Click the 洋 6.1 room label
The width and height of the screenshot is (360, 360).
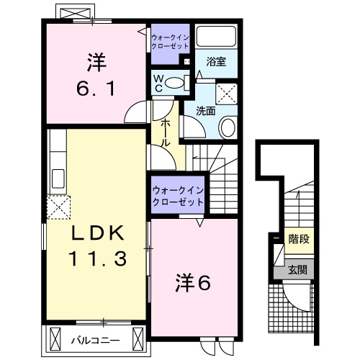pyautogui.click(x=94, y=76)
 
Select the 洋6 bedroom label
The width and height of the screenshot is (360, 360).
pyautogui.click(x=193, y=283)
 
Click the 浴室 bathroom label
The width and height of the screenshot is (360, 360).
pyautogui.click(x=217, y=61)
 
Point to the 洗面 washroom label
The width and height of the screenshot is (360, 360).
pyautogui.click(x=207, y=111)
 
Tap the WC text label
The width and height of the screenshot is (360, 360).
pyautogui.click(x=157, y=82)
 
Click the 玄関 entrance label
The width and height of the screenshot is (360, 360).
pyautogui.click(x=298, y=271)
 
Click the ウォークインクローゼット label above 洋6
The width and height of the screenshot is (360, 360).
pyautogui.click(x=177, y=196)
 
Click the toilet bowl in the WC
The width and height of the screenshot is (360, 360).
pyautogui.click(x=174, y=84)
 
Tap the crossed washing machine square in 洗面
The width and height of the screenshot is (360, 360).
pyautogui.click(x=228, y=93)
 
